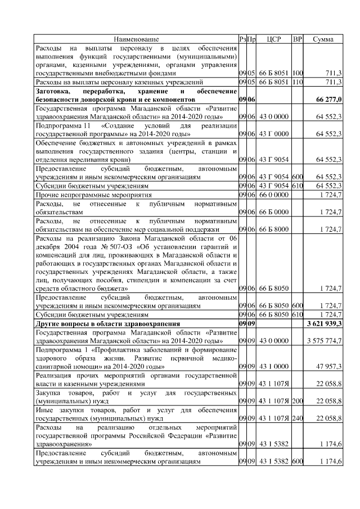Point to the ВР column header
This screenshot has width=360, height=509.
tap(298, 39)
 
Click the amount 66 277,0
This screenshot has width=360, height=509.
tap(330, 99)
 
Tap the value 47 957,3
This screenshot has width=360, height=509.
tap(330, 366)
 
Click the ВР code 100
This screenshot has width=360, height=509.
tap(298, 73)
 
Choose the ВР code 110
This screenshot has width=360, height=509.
tap(298, 82)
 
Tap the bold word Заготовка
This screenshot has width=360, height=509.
tap(54, 91)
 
